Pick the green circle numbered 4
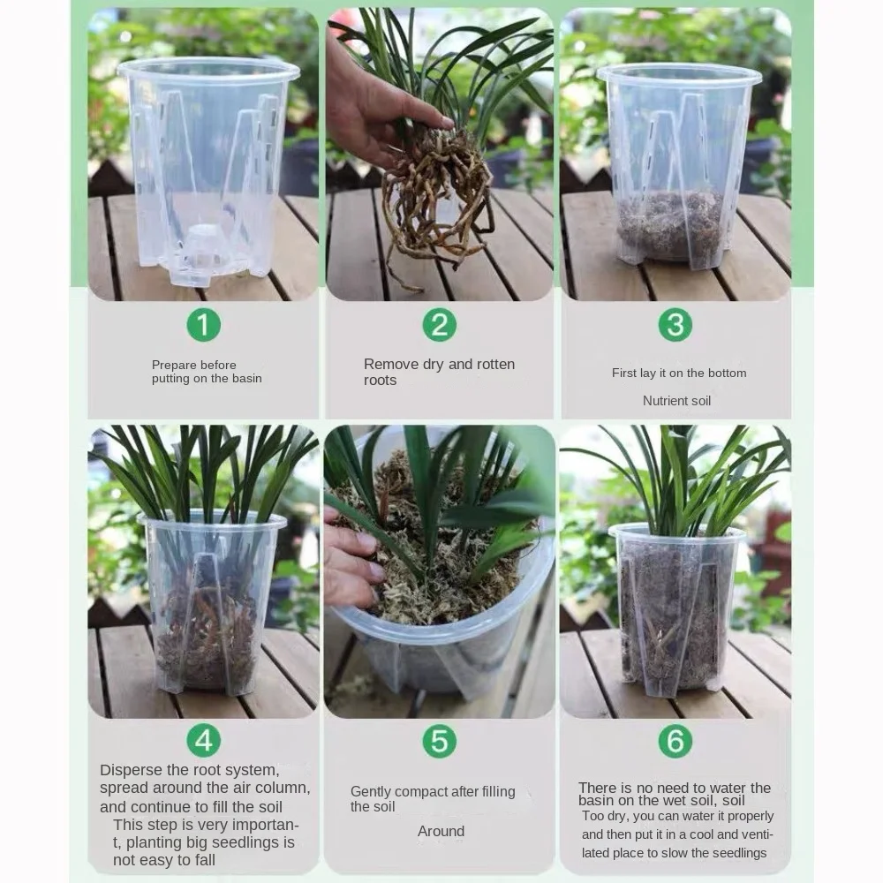click(x=203, y=740)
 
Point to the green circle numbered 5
click(x=439, y=740)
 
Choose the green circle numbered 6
click(x=675, y=740)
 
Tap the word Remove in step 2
click(x=391, y=365)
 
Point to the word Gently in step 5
click(x=371, y=792)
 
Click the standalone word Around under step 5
click(x=441, y=831)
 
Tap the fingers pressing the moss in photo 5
click(x=352, y=563)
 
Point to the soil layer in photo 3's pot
click(x=670, y=225)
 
